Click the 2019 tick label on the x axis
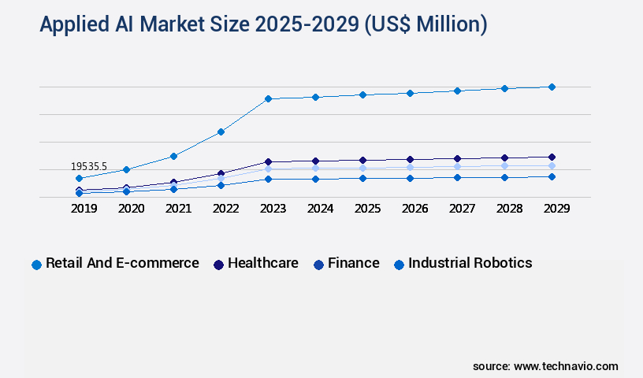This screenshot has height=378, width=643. click(84, 209)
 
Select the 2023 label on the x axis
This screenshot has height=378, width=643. click(273, 209)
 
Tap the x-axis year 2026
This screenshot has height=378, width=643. click(414, 209)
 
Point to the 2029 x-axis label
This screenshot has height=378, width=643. click(556, 209)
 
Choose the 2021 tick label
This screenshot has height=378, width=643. click(178, 209)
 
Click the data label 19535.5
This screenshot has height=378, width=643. click(88, 167)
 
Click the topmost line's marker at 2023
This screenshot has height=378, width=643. click(268, 98)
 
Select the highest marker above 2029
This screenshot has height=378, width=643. click(552, 87)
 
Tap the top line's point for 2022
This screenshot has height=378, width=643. click(221, 132)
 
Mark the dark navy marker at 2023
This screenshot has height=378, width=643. click(268, 162)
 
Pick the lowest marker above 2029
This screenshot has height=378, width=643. click(552, 176)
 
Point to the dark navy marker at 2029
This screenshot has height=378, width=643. click(552, 157)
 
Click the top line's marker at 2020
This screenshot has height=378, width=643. click(126, 169)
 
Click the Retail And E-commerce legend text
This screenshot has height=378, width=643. click(122, 263)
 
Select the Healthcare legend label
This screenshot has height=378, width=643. click(262, 263)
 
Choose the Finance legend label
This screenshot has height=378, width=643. click(353, 263)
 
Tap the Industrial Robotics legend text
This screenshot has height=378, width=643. click(470, 263)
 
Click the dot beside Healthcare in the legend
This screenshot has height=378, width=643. click(218, 265)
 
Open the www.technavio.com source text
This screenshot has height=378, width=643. click(566, 366)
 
